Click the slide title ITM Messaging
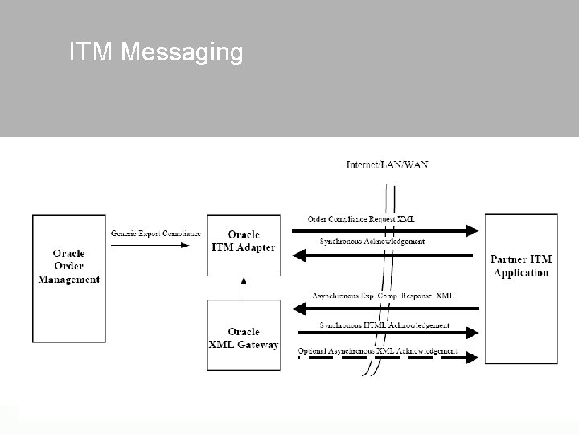pos(156,52)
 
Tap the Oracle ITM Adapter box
pos(244,245)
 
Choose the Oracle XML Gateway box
pos(244,335)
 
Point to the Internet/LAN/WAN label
pos(387,165)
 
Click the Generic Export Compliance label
pos(156,234)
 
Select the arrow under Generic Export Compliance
pos(157,245)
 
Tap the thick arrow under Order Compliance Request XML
pos(386,231)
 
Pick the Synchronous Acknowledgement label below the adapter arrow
pos(372,241)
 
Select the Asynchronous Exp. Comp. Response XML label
pos(382,296)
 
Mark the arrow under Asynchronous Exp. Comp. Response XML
pos(386,308)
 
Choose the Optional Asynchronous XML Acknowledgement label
pos(377,350)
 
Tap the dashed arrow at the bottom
pos(386,358)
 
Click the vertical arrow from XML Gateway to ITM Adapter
pos(244,288)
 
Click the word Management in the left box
pos(69,280)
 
